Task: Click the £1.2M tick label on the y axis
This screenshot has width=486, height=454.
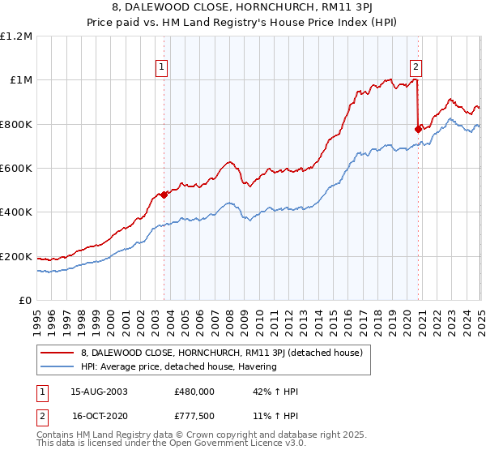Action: (x=16, y=36)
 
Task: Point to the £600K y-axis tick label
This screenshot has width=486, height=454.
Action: (x=16, y=169)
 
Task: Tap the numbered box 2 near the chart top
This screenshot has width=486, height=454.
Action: (x=416, y=68)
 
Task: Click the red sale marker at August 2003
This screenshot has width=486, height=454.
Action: (x=164, y=195)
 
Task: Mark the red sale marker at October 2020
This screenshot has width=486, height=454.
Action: (x=418, y=129)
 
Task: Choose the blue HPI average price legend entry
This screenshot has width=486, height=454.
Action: (x=178, y=366)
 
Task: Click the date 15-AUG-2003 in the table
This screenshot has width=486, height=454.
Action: (x=99, y=392)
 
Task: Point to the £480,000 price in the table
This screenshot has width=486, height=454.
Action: (x=194, y=392)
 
